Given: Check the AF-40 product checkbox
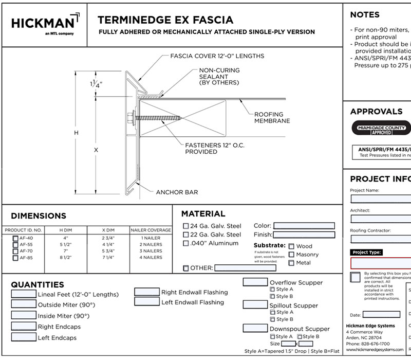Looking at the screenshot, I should click(x=15, y=238).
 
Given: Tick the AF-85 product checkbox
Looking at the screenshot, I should click(x=15, y=257).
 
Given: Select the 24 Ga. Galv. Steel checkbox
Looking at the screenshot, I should click(x=186, y=225).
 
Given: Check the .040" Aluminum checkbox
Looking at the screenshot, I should click(x=186, y=243).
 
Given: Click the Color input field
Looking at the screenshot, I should click(x=304, y=225).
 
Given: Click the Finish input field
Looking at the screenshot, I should click(x=304, y=235).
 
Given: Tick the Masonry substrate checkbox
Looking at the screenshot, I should click(x=292, y=255).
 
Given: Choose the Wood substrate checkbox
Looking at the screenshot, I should click(x=292, y=246).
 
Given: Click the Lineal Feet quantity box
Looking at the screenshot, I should click(x=23, y=294).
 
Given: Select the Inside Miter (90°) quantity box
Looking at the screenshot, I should click(x=23, y=315).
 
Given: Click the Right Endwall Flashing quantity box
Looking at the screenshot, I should click(x=147, y=292).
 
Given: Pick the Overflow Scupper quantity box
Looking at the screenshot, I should click(x=255, y=282).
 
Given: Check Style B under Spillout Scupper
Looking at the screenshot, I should click(x=273, y=319).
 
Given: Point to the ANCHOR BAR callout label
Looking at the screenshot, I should click(x=177, y=192).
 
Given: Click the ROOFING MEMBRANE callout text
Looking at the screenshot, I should click(x=272, y=117).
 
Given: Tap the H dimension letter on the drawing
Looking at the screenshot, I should click(x=76, y=133).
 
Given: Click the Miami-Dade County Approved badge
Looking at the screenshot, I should click(x=381, y=129).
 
